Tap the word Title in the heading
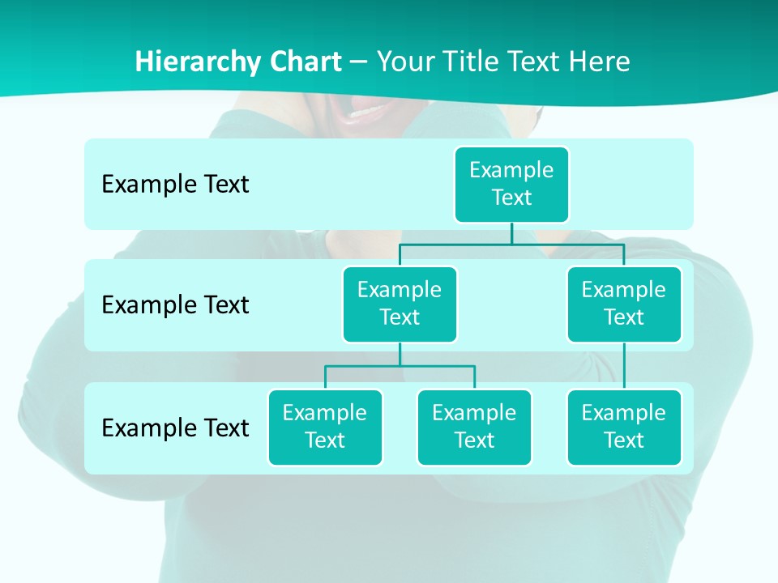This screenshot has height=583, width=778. point(471,62)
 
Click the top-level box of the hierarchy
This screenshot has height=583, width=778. point(511,184)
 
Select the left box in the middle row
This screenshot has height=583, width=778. point(400,304)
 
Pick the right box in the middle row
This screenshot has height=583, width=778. point(624,304)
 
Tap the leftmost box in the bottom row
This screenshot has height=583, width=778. point(325,427)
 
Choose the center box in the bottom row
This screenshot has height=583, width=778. point(474,427)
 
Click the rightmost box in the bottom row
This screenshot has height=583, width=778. point(624,427)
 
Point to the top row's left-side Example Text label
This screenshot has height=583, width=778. point(175,185)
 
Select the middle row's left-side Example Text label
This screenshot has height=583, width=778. point(175,305)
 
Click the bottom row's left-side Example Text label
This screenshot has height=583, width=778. point(175,428)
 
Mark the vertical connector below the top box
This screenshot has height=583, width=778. point(511,232)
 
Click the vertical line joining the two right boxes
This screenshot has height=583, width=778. point(624,366)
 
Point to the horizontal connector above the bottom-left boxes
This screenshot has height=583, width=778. point(400,366)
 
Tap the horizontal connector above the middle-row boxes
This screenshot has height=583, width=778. point(511,243)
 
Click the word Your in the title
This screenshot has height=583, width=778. point(407,62)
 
